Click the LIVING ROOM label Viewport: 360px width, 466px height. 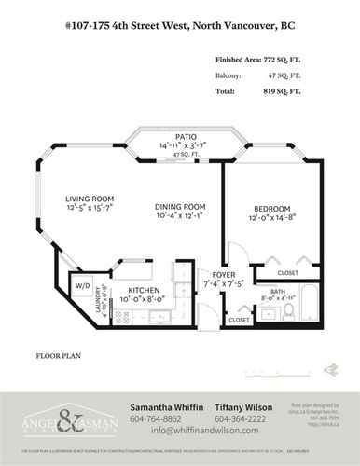pos(90,199)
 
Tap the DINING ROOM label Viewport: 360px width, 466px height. pos(179,206)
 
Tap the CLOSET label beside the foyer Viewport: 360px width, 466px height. pos(239,319)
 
